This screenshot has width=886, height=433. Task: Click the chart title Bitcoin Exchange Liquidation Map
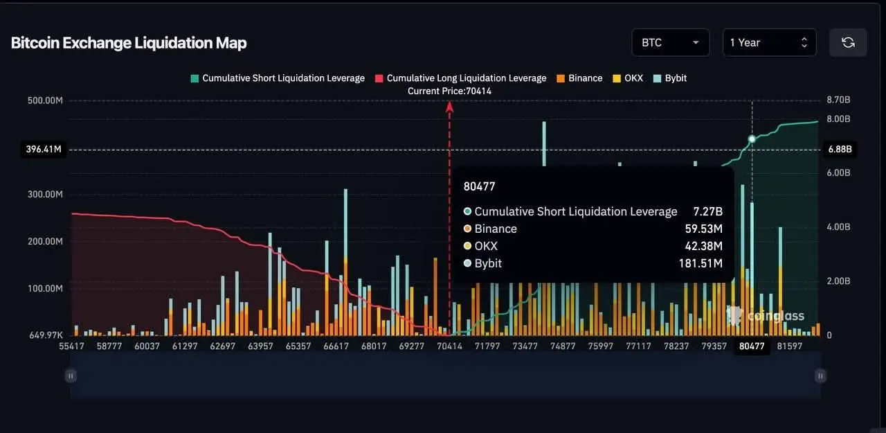click(129, 43)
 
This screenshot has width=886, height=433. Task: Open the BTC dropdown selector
click(670, 42)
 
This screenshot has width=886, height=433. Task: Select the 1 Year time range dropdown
click(768, 42)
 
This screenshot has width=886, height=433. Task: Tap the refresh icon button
click(848, 42)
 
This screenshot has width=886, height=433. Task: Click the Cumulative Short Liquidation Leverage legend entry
click(278, 78)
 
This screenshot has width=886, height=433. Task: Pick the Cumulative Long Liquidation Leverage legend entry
click(460, 78)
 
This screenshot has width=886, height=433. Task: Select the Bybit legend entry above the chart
click(670, 78)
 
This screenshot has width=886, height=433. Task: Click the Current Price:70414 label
click(450, 91)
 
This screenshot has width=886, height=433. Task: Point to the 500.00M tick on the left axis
click(46, 100)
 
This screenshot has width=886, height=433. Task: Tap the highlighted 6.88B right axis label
click(840, 149)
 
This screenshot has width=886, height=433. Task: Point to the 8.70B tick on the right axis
click(838, 100)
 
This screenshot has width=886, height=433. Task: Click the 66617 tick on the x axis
click(336, 346)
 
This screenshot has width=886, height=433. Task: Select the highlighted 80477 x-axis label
click(752, 346)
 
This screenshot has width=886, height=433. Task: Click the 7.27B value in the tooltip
click(708, 211)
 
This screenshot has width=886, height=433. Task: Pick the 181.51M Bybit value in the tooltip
click(700, 263)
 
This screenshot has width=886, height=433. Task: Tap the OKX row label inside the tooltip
click(486, 246)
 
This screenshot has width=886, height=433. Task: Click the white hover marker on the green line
click(752, 139)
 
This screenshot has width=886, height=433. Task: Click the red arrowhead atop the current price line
click(450, 106)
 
